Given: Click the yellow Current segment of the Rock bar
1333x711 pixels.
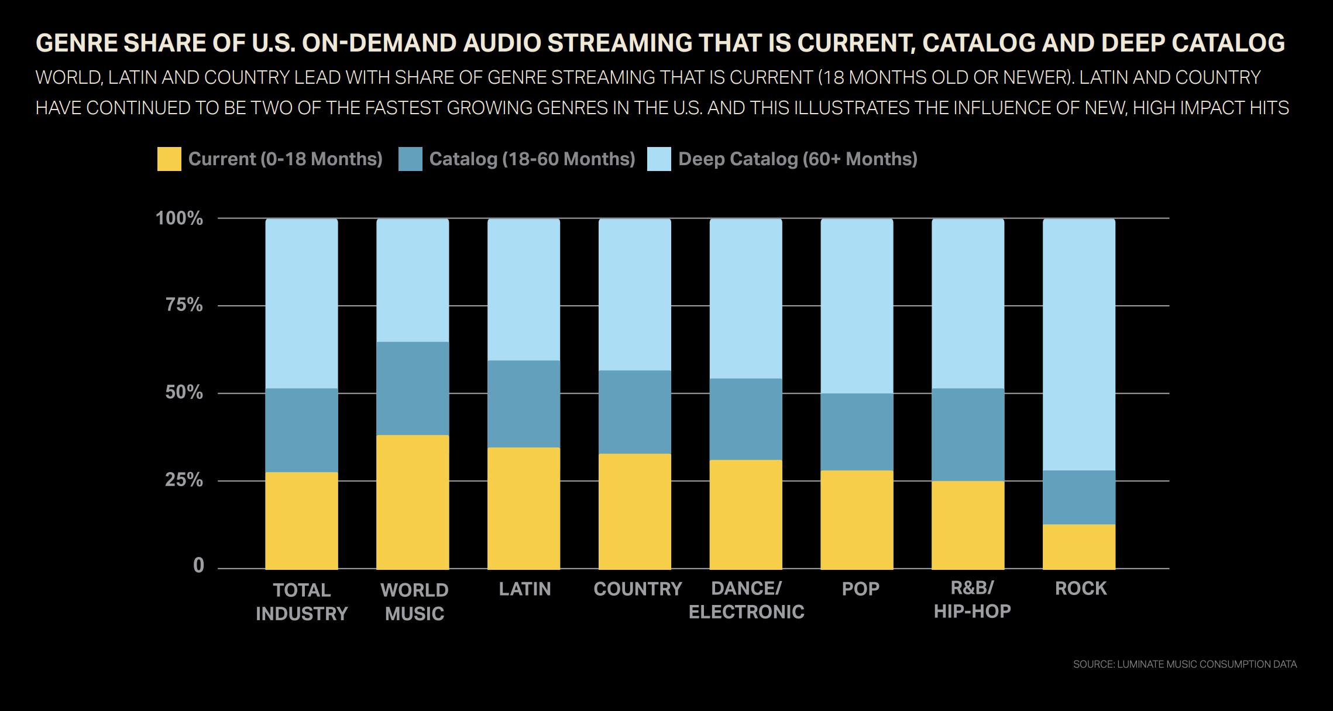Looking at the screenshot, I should coord(1078,546).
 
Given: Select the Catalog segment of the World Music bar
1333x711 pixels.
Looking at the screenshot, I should coord(413,388).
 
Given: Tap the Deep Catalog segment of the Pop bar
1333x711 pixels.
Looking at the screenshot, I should coord(857,306).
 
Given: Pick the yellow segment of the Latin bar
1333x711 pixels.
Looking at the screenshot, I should coord(524,508).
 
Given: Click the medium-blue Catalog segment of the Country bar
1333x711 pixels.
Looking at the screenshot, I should coord(635,412).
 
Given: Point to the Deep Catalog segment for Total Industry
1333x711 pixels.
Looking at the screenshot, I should coord(301,303).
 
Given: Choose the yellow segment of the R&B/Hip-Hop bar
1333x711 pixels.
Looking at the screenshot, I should coord(968,525).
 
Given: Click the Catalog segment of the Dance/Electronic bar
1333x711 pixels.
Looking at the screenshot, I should coord(745,419).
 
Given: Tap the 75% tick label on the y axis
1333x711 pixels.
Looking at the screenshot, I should coord(184,305).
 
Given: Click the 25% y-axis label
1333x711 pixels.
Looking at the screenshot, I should coord(184,480).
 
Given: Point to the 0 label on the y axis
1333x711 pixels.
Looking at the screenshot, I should coord(198,565).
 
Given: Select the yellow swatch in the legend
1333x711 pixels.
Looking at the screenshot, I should coord(169,159).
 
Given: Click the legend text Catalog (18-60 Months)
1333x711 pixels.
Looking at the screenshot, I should coord(532,159).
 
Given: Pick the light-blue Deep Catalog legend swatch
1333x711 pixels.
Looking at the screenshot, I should coord(659,159).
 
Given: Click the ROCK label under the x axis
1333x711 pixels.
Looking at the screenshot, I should coord(1080,589).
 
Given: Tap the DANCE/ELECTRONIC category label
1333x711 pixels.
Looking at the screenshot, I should coord(746,600).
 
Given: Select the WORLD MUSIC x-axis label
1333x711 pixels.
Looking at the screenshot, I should coord(414,601).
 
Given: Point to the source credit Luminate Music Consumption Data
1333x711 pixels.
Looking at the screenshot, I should coord(1184,664).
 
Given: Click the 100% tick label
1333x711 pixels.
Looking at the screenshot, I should coord(179,218).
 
